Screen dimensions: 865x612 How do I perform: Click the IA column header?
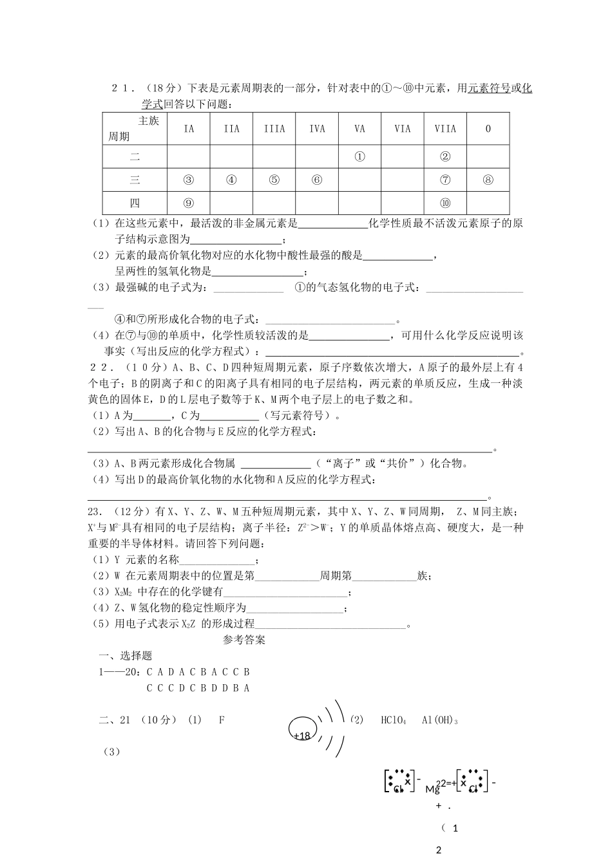(x=189, y=129)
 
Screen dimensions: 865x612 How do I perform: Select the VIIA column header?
(x=445, y=129)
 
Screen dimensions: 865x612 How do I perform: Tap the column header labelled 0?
(x=488, y=129)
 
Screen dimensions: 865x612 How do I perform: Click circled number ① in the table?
(x=359, y=156)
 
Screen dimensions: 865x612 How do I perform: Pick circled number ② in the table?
(x=445, y=156)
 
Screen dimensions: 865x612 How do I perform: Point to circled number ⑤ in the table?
(x=274, y=180)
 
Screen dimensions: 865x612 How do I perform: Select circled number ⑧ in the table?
(x=488, y=180)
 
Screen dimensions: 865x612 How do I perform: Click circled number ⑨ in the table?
(x=189, y=203)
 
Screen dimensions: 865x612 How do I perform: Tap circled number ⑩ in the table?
(x=445, y=203)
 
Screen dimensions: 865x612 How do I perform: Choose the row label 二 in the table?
(x=135, y=156)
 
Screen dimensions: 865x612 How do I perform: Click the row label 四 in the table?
(x=135, y=203)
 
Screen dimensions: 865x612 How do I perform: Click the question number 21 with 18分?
(x=122, y=88)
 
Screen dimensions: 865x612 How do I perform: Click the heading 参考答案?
(x=244, y=640)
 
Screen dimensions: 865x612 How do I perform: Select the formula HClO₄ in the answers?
(x=394, y=720)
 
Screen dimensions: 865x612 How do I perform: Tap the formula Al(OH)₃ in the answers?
(x=440, y=720)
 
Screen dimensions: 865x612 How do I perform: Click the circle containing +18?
(x=301, y=728)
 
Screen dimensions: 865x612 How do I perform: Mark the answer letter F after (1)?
(x=222, y=720)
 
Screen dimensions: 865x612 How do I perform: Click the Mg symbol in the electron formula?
(x=432, y=788)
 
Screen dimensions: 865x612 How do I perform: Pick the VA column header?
(x=359, y=129)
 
